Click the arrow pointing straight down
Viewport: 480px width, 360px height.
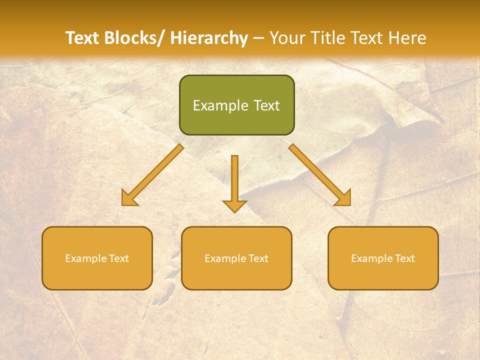(x=234, y=182)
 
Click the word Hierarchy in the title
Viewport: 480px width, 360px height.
(x=209, y=38)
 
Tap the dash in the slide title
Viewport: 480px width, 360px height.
(x=258, y=38)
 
